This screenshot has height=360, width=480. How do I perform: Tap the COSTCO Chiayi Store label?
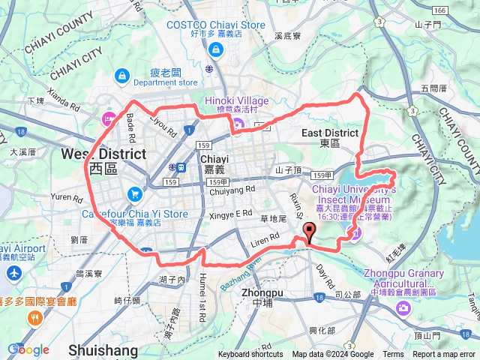pyautogui.click(x=216, y=25)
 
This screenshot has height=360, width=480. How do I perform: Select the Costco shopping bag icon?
pyautogui.click(x=216, y=49)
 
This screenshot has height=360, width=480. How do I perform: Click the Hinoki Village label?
pyautogui.click(x=236, y=102)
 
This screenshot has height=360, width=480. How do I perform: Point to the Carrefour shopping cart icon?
pyautogui.click(x=134, y=194)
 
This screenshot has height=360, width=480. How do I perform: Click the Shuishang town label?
pyautogui.click(x=103, y=350)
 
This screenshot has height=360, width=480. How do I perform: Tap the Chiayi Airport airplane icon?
pyautogui.click(x=13, y=272)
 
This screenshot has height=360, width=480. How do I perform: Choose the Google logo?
pyautogui.click(x=28, y=349)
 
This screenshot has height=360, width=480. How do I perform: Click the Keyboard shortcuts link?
pyautogui.click(x=250, y=355)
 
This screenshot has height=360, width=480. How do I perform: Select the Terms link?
pyautogui.click(x=393, y=355)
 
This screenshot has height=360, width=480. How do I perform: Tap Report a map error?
pyautogui.click(x=445, y=355)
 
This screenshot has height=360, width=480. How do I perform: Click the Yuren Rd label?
pyautogui.click(x=66, y=199)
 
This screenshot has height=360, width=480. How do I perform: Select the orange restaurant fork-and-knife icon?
pyautogui.click(x=34, y=318)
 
